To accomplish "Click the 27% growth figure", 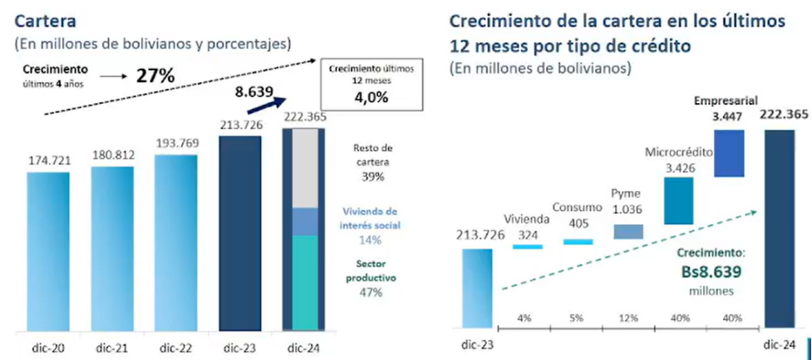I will point(155,76).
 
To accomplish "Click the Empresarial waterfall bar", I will point(728,152).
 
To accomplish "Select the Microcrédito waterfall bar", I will point(678,200).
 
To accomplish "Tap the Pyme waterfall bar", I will point(627,232).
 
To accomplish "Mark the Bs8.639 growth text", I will point(708,271).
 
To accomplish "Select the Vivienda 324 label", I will point(526,227).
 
